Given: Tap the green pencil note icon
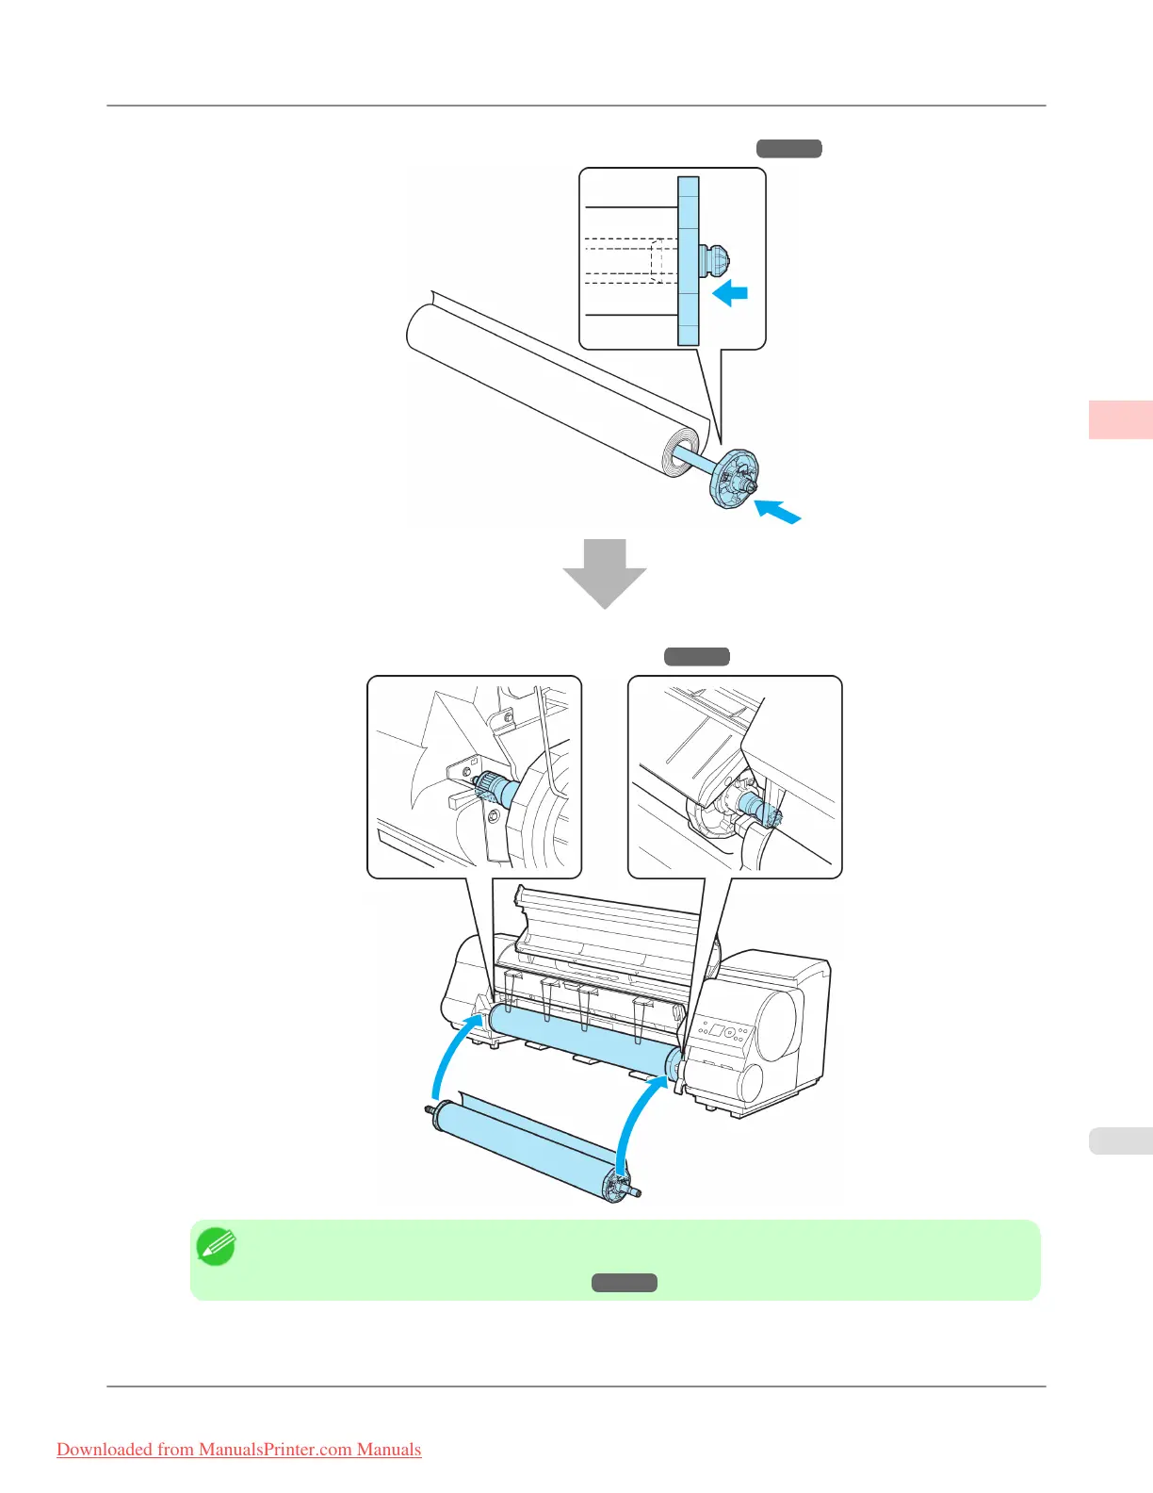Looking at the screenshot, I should click(x=216, y=1247).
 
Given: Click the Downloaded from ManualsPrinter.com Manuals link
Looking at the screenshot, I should click(x=238, y=1450).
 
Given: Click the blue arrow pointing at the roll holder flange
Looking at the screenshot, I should click(x=778, y=512).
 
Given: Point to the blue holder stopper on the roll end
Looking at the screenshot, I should click(x=733, y=478).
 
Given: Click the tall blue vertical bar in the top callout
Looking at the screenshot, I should click(x=689, y=261).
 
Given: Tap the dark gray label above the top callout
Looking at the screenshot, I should click(x=789, y=148).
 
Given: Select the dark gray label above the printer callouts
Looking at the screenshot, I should click(x=697, y=657).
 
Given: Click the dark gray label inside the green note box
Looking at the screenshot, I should click(x=625, y=1283).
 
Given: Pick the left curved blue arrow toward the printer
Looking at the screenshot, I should click(x=454, y=1056).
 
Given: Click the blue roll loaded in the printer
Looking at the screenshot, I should click(x=580, y=1040).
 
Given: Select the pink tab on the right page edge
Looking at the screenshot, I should click(x=1121, y=419).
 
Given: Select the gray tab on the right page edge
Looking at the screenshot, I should click(x=1121, y=1140).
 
